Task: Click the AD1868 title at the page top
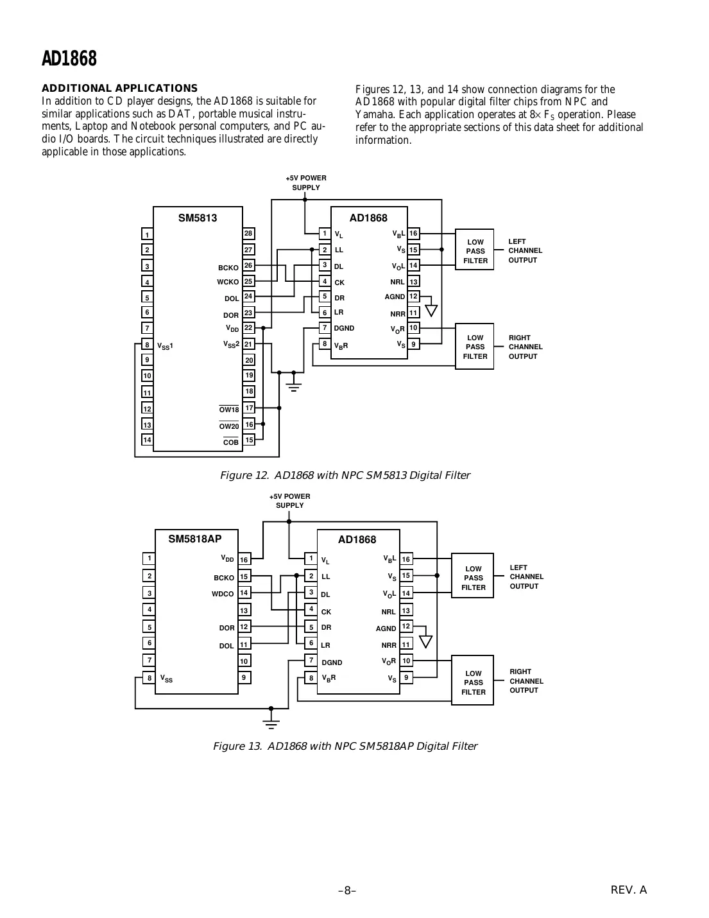[x=69, y=58]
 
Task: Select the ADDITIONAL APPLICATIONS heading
[x=119, y=88]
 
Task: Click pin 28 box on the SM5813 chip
[x=248, y=234]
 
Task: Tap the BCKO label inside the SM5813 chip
[x=228, y=268]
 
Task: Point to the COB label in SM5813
[x=230, y=442]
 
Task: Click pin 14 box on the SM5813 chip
[x=147, y=440]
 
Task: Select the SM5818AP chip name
[x=194, y=539]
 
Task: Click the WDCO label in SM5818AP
[x=223, y=594]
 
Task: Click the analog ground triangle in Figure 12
[x=431, y=311]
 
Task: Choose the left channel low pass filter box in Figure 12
[x=475, y=251]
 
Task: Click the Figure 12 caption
[x=345, y=476]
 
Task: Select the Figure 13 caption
[x=345, y=746]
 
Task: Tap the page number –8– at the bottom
[x=347, y=890]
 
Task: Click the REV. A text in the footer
[x=628, y=890]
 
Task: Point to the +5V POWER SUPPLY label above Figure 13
[x=289, y=501]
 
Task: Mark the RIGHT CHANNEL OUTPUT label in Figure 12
[x=525, y=347]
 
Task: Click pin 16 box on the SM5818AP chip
[x=244, y=560]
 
